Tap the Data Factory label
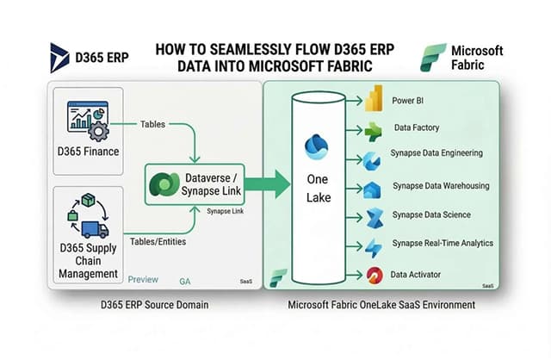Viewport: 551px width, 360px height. [416, 127]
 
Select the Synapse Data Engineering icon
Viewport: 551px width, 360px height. [373, 160]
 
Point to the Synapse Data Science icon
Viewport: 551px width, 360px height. [374, 217]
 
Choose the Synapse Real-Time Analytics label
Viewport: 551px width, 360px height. [443, 244]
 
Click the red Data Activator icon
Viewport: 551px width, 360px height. [374, 275]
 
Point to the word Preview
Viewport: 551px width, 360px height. [143, 280]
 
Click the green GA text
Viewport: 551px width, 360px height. [185, 281]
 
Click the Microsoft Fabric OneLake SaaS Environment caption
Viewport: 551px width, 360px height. [381, 306]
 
